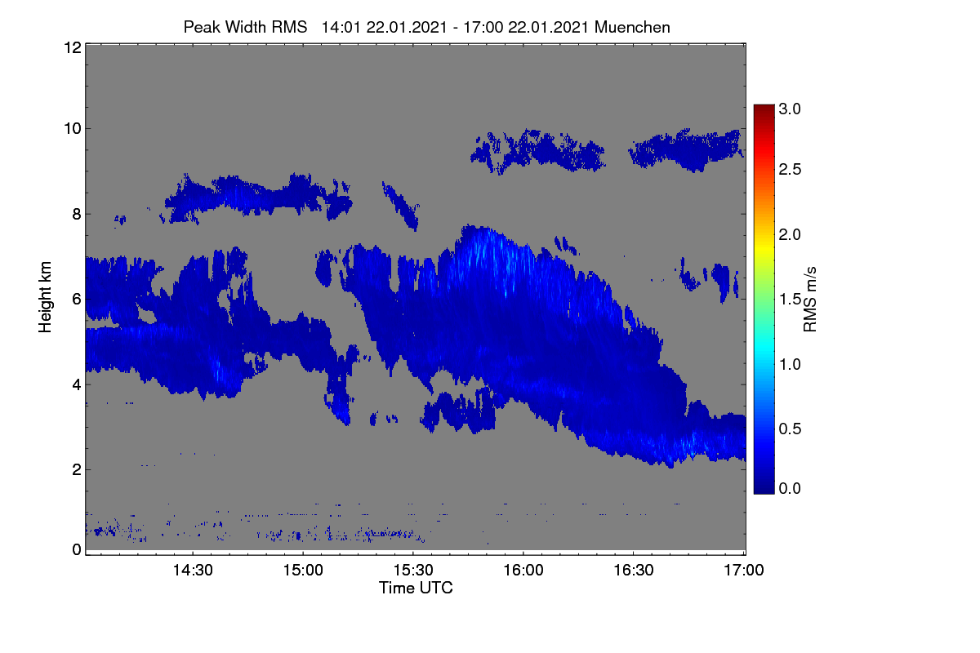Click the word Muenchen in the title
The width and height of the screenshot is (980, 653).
pos(632,27)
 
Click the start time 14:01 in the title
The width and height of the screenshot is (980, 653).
pos(341,27)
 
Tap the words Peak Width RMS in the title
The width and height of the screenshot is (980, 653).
pos(245,27)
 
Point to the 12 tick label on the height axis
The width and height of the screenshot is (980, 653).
pos(73,47)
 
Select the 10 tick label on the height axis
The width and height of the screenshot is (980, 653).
pos(73,129)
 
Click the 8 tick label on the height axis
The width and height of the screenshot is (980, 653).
pos(77,215)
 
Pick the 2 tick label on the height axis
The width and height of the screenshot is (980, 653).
pos(77,469)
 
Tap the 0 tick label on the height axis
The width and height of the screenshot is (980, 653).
pos(77,550)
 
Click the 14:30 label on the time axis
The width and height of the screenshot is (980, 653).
pos(193,570)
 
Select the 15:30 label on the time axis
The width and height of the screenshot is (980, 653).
pos(413,570)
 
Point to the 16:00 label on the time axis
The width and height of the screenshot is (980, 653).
pos(523,570)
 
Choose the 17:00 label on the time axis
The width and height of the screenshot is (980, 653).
pos(744,570)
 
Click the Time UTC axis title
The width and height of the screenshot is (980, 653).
pos(416,588)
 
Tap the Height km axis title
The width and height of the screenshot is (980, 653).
pos(45,297)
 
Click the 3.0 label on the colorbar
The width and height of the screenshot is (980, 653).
pos(790,109)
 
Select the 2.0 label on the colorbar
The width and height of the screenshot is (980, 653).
pos(790,235)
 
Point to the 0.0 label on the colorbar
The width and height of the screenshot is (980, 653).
pos(790,489)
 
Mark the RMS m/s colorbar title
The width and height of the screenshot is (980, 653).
pos(810,300)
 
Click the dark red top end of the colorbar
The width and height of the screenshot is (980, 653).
pos(764,106)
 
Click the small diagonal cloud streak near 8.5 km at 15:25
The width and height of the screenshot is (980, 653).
pos(400,206)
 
